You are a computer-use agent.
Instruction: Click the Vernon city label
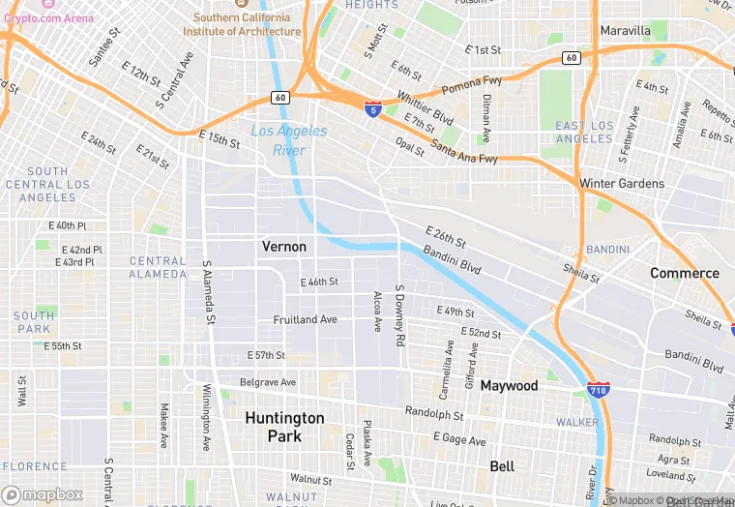(x=284, y=247)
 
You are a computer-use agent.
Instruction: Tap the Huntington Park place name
(x=284, y=427)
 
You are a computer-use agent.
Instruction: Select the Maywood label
(x=509, y=386)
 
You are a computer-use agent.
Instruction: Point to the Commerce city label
(x=685, y=273)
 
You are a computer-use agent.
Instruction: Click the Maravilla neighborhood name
(x=626, y=31)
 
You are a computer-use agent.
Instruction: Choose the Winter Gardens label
(x=622, y=184)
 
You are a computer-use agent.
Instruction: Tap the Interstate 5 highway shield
(x=373, y=108)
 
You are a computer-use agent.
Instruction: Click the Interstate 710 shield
(x=599, y=390)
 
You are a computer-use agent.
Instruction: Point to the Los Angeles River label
(x=289, y=141)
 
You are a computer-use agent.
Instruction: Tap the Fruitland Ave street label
(x=306, y=319)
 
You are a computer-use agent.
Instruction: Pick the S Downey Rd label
(x=398, y=316)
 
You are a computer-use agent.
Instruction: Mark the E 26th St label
(x=446, y=235)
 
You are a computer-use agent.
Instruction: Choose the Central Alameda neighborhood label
(x=158, y=267)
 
